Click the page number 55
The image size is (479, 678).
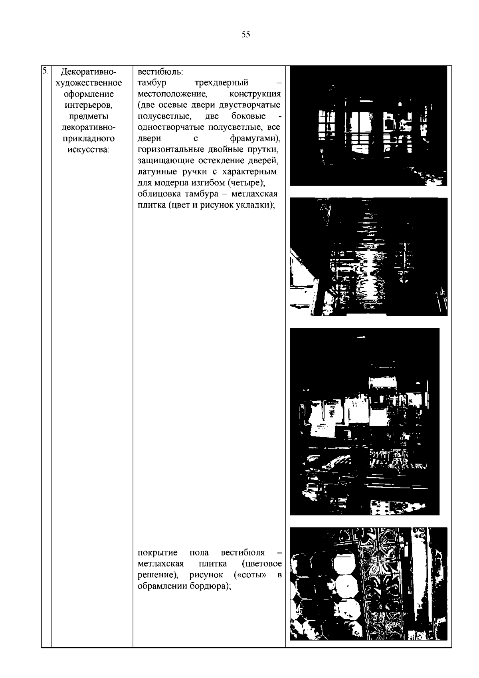246,34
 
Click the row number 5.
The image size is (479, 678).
45,71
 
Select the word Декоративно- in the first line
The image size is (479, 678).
88,72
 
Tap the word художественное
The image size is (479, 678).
88,83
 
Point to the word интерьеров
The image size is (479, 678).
88,105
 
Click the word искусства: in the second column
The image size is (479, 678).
88,149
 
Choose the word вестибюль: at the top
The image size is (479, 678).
160,72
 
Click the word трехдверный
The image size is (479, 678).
221,83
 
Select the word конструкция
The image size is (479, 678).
255,94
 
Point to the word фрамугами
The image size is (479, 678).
253,139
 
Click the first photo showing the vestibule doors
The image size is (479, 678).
368,125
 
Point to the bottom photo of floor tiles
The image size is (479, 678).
368,583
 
